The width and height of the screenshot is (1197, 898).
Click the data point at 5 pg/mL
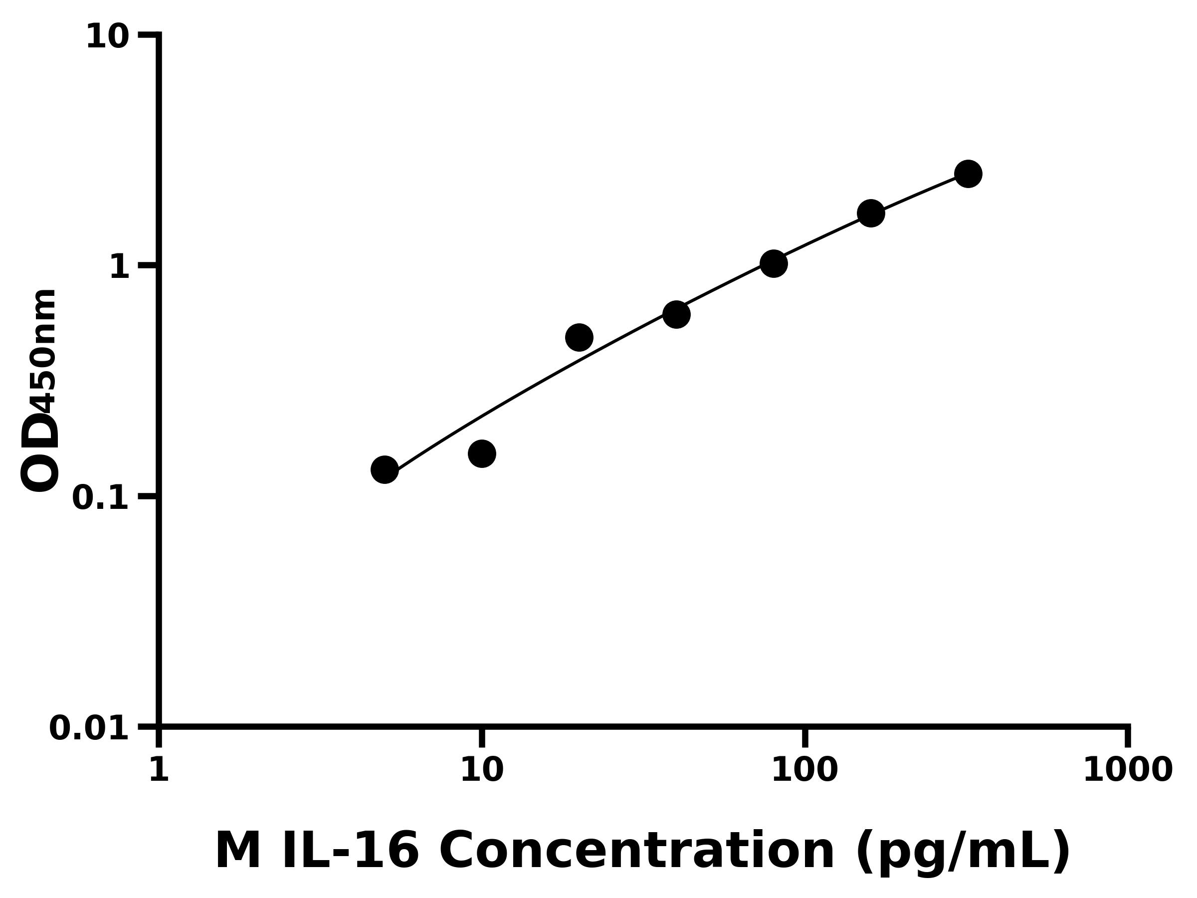[384, 469]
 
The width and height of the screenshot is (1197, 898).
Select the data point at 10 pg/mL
[482, 453]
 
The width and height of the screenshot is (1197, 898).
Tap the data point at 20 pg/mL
[579, 338]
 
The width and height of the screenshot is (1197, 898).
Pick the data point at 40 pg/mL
[676, 314]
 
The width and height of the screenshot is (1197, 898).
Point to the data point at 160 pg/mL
[871, 213]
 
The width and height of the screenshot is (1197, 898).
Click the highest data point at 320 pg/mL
[968, 174]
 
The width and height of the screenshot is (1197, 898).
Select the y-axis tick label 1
[119, 267]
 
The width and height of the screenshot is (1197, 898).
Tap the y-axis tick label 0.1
[101, 498]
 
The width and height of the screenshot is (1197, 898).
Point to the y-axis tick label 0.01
[89, 728]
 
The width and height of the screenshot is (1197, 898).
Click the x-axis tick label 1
[159, 770]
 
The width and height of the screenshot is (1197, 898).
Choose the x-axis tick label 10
[482, 770]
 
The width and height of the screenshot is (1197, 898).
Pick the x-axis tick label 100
[804, 770]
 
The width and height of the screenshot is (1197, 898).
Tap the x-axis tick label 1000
[1128, 770]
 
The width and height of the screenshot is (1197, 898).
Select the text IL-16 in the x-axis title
[350, 852]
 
